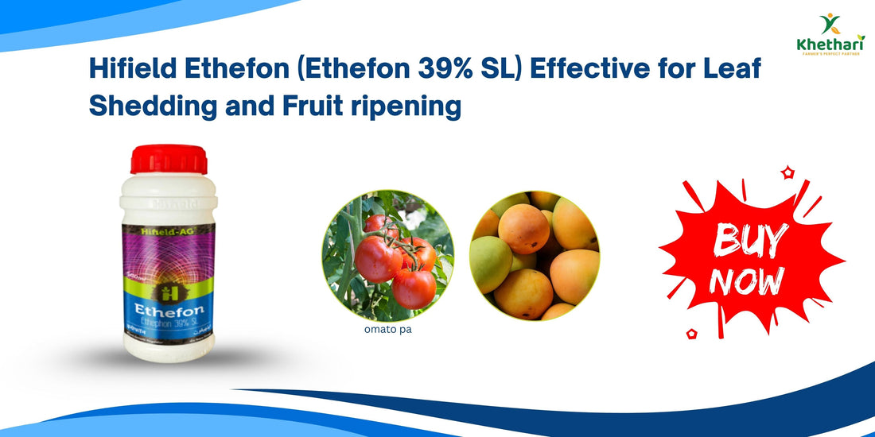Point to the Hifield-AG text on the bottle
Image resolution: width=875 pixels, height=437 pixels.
[x=169, y=230]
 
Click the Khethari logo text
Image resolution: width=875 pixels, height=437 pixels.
[x=830, y=44]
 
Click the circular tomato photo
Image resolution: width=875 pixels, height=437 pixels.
[x=388, y=255]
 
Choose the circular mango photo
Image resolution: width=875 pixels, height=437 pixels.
[x=535, y=255]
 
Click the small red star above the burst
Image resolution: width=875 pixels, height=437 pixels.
[x=787, y=171]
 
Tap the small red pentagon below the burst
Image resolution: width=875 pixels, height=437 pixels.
[x=691, y=334]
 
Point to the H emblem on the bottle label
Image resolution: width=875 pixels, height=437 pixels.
[x=168, y=280]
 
